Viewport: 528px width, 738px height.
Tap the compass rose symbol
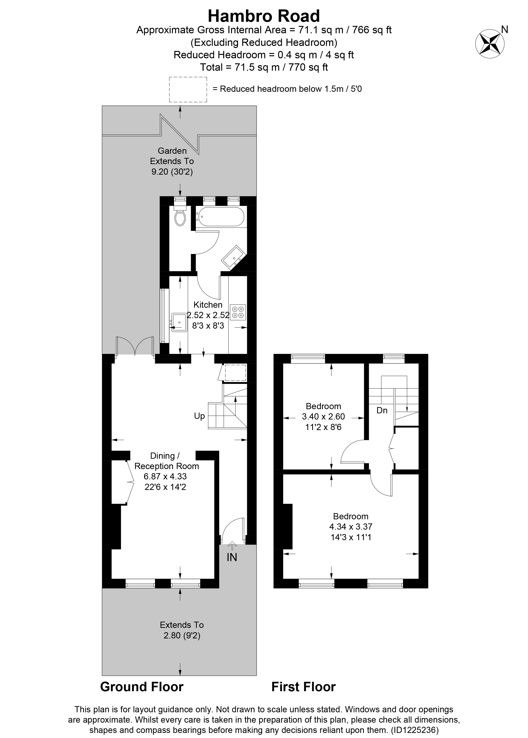point(490,44)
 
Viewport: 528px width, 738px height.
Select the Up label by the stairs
point(199,416)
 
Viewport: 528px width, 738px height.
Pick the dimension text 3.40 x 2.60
point(323,417)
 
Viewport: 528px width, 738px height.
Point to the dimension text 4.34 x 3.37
point(351,526)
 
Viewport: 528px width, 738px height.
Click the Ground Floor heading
point(142,687)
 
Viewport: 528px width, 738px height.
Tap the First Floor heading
point(303,687)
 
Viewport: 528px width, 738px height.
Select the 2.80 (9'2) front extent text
point(182,635)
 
